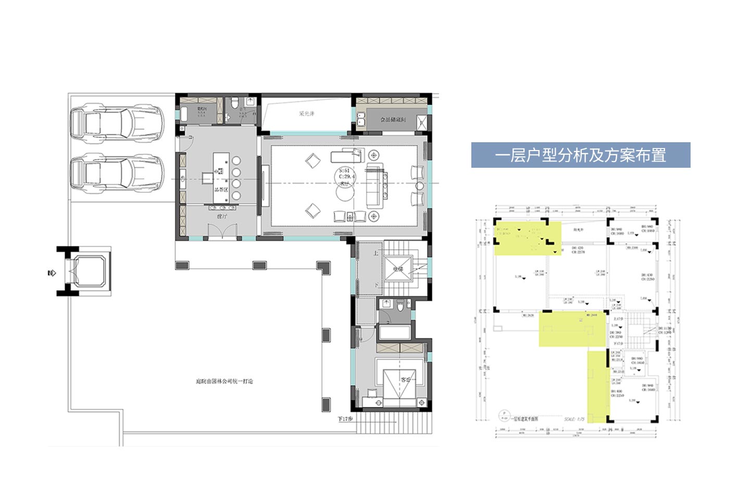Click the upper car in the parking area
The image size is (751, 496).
117,123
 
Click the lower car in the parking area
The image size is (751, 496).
117,173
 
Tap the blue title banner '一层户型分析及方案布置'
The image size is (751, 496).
580,155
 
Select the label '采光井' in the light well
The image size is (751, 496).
306,114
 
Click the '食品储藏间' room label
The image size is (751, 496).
393,120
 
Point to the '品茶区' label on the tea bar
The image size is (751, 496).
221,190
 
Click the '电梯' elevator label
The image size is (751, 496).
398,269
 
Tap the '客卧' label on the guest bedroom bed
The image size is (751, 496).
405,380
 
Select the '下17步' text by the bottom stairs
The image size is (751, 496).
345,419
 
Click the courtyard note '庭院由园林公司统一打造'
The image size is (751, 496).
224,381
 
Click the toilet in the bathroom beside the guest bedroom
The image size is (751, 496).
400,306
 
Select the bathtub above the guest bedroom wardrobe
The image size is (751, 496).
394,332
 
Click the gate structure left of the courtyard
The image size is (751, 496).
83,271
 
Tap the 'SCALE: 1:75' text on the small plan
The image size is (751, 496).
574,419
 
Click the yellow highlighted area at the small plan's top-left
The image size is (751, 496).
526,238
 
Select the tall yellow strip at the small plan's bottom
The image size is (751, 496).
598,386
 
